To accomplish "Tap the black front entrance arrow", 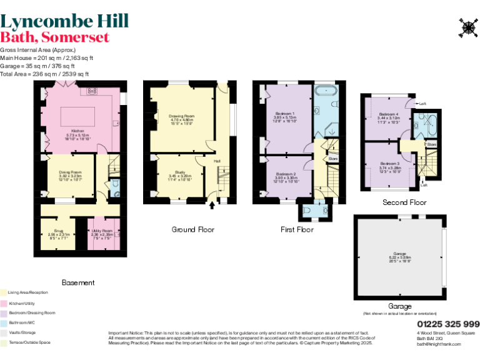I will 211,204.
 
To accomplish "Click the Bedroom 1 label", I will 284,116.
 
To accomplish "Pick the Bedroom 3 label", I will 389,166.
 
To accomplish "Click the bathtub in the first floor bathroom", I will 327,91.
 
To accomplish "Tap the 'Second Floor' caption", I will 404,202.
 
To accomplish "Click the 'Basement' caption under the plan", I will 78,282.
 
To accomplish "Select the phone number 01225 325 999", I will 447,324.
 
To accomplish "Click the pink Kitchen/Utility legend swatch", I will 3,302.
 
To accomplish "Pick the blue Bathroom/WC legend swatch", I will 3,322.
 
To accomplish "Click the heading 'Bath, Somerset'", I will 55,37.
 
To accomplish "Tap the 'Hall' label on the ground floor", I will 217,161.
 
